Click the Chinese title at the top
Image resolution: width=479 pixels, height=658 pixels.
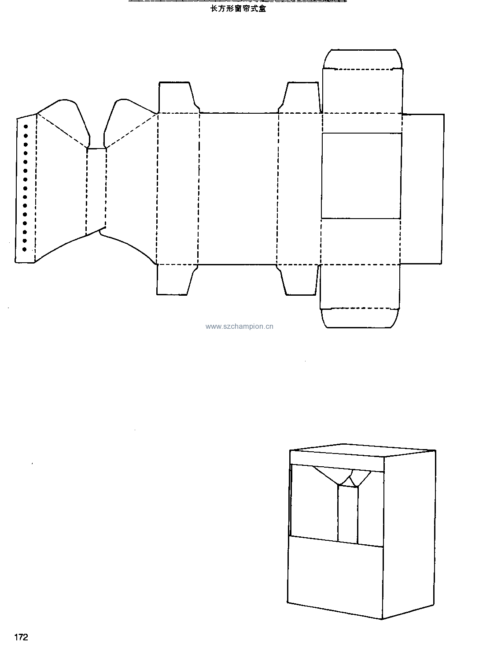pyautogui.click(x=238, y=9)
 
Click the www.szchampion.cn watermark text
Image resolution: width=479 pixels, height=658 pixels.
pyautogui.click(x=239, y=327)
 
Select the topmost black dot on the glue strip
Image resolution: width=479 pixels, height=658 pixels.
pyautogui.click(x=26, y=126)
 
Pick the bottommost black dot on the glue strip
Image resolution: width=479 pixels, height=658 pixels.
pyautogui.click(x=24, y=249)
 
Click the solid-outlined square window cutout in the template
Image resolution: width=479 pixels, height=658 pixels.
pyautogui.click(x=361, y=176)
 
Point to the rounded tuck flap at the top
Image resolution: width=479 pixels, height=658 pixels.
pyautogui.click(x=363, y=59)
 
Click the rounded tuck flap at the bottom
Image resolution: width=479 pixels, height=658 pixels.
pyautogui.click(x=360, y=318)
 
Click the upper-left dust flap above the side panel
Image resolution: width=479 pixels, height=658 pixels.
pyautogui.click(x=179, y=97)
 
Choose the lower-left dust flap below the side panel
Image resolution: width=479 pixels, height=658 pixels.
pyautogui.click(x=177, y=280)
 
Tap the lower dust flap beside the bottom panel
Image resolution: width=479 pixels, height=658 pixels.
pyautogui.click(x=298, y=280)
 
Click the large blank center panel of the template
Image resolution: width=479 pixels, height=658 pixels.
pyautogui.click(x=238, y=189)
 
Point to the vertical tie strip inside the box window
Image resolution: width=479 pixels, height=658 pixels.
pyautogui.click(x=348, y=514)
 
